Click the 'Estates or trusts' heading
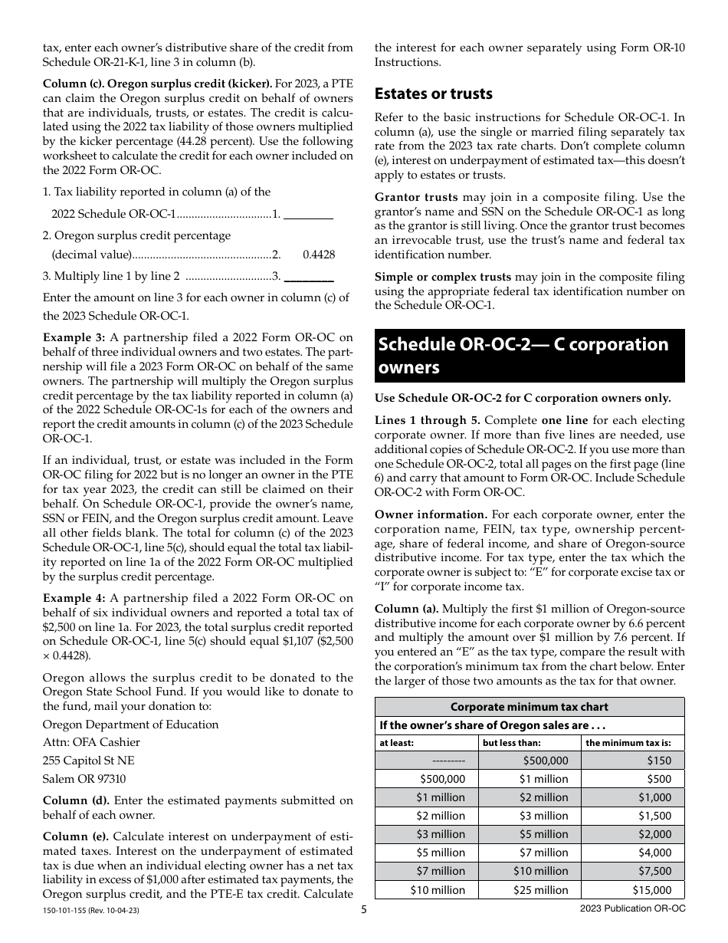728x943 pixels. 433,94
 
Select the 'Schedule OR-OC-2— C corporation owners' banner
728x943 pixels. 529,356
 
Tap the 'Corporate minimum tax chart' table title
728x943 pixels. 529,707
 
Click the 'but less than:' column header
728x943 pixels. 511,742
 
